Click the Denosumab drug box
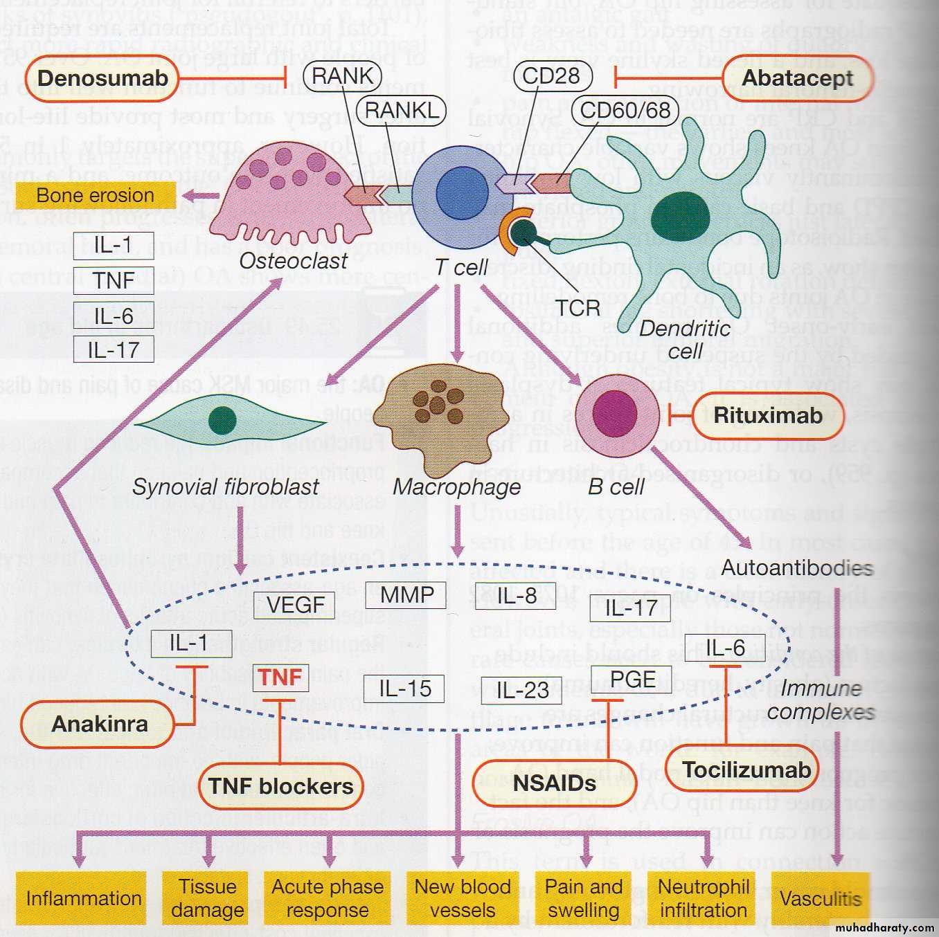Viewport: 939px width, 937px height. pos(102,78)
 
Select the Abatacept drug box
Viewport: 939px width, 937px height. pos(796,78)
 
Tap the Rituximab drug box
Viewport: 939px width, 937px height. pos(767,415)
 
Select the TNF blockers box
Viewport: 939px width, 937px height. pos(280,786)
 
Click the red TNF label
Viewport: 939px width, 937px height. pos(280,677)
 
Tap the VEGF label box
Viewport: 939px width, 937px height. pos(294,605)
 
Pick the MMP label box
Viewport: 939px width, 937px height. pos(406,594)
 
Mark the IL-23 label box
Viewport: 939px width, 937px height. pos(521,690)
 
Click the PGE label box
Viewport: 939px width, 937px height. pos(632,679)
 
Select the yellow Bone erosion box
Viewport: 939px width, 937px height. pos(95,196)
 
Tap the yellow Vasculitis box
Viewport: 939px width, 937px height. pos(820,898)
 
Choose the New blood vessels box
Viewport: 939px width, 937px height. pos(462,898)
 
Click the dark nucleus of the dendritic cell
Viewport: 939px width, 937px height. pos(679,219)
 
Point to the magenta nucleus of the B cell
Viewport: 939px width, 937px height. pos(614,415)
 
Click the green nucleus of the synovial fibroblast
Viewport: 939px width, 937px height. pos(222,420)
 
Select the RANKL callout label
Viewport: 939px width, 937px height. pos(401,110)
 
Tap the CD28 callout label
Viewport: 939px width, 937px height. pos(551,75)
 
